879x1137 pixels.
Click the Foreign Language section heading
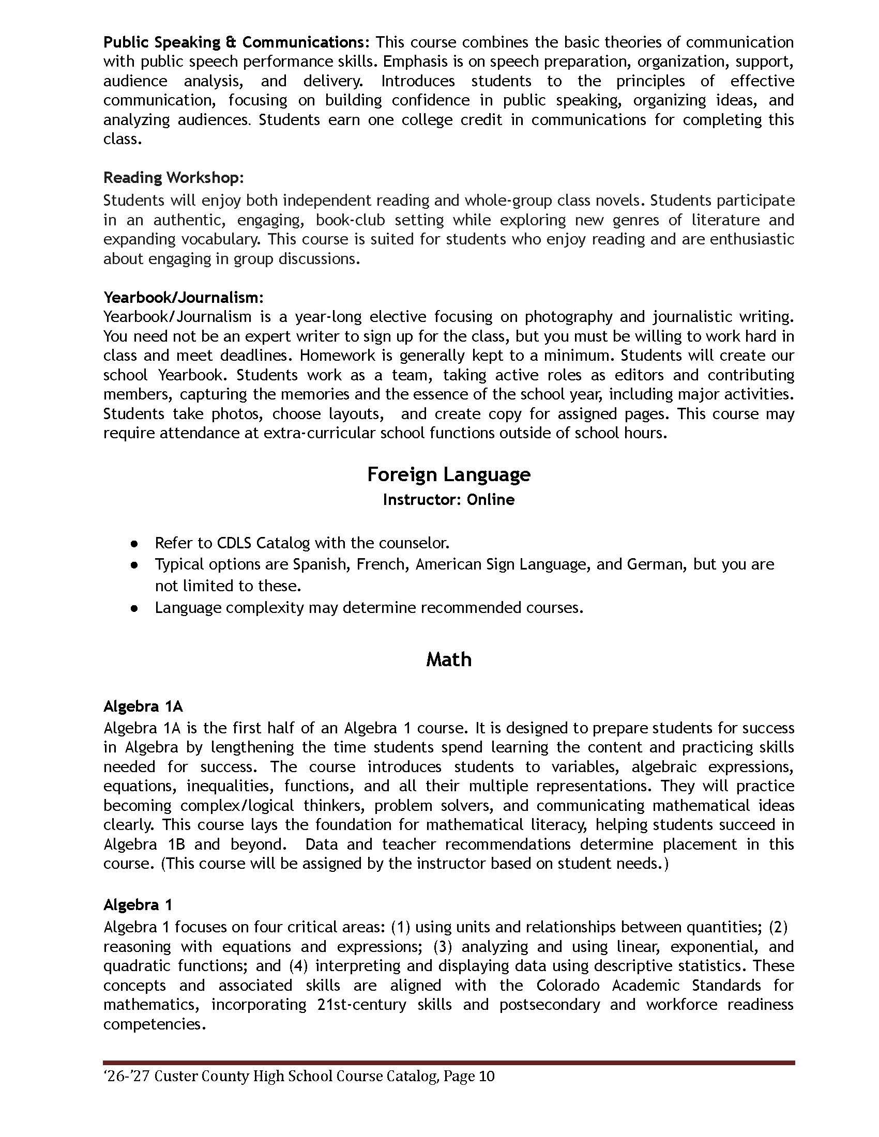pyautogui.click(x=448, y=474)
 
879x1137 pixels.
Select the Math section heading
pyautogui.click(x=448, y=659)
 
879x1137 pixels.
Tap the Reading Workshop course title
pyautogui.click(x=173, y=177)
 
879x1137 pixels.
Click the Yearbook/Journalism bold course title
pyautogui.click(x=183, y=297)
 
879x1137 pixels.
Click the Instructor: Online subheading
pyautogui.click(x=448, y=499)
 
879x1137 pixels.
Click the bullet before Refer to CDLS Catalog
pyautogui.click(x=134, y=544)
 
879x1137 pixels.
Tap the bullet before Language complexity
pyautogui.click(x=134, y=608)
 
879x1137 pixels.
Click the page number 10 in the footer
pyautogui.click(x=486, y=1076)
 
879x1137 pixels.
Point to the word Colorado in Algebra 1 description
pyautogui.click(x=568, y=985)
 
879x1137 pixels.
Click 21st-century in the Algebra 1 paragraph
pyautogui.click(x=361, y=1004)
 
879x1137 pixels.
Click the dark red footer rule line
pyautogui.click(x=448, y=1063)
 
